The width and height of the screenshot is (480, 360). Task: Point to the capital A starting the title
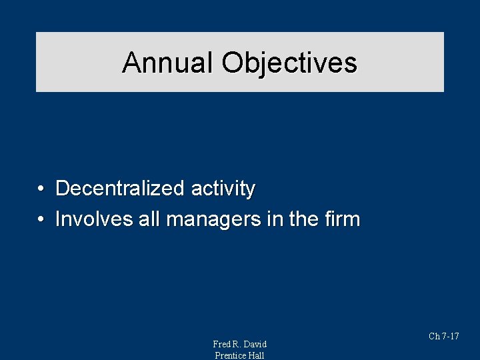coord(131,63)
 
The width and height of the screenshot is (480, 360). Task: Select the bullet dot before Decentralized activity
coord(41,189)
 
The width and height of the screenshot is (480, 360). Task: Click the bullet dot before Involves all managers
coord(41,219)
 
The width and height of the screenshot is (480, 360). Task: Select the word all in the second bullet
coord(148,219)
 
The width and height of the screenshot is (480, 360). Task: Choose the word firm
coord(343,219)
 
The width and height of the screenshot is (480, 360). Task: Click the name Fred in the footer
coord(222,344)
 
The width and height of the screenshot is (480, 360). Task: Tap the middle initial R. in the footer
coord(237,344)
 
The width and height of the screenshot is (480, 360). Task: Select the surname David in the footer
coord(255,344)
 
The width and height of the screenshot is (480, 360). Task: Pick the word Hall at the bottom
coord(257,355)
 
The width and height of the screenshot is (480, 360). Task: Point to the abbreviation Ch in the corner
coord(433,337)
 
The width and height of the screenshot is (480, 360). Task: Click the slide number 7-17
coord(450,337)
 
